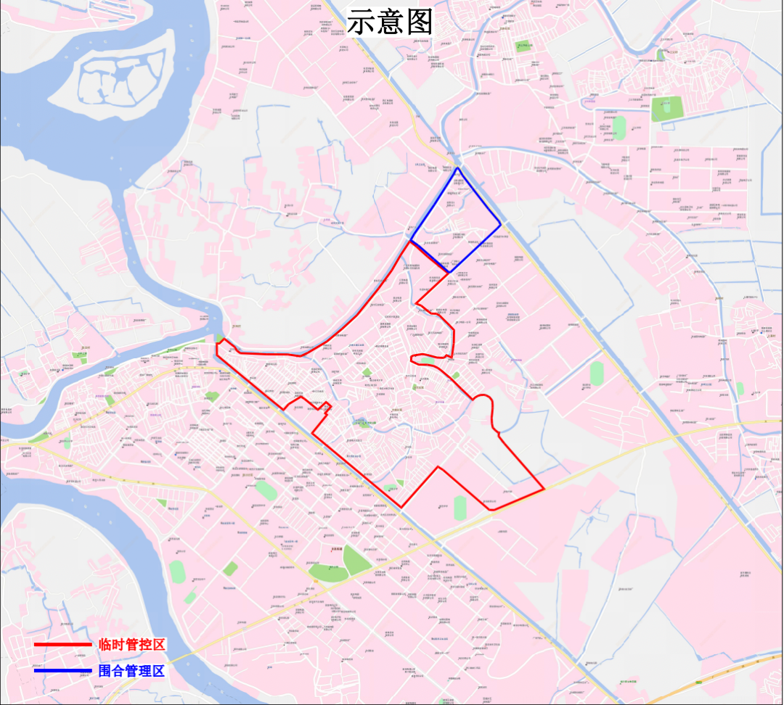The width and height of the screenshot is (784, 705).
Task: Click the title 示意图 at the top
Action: tap(389, 22)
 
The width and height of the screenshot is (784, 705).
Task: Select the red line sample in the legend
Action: tap(62, 644)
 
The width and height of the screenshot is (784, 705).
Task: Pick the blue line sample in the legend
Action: tap(62, 670)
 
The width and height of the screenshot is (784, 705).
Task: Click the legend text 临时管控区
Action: tap(132, 644)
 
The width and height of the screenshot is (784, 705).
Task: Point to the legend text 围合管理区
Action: tap(132, 670)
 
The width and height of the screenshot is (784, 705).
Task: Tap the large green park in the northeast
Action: tap(666, 108)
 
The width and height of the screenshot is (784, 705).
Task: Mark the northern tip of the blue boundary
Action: tap(457, 168)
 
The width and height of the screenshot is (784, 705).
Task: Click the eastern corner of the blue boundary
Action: tap(501, 223)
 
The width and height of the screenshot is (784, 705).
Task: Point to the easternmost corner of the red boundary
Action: tap(544, 488)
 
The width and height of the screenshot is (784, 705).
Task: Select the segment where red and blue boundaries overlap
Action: tap(430, 256)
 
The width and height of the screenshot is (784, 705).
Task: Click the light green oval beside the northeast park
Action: tap(619, 127)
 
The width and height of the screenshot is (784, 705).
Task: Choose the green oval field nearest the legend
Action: tap(177, 571)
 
